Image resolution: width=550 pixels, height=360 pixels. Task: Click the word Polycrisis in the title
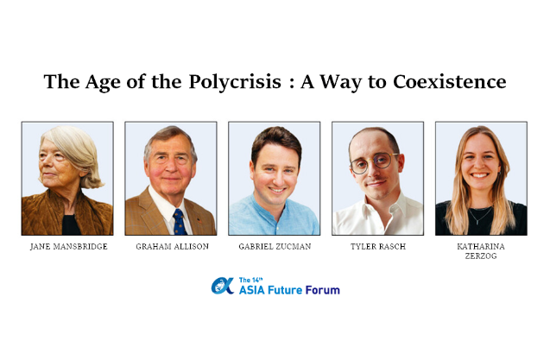(235, 82)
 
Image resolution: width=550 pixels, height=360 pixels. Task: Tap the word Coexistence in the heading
(449, 82)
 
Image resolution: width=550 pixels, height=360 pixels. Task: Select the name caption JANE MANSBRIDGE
(69, 247)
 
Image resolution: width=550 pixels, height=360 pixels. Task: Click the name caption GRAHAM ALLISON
(172, 247)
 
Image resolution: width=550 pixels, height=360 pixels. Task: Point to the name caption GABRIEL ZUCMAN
(275, 247)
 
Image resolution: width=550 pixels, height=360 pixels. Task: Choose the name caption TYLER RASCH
(378, 247)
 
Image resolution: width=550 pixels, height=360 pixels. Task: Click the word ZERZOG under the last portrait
(481, 256)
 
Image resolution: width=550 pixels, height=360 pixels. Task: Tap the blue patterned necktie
(180, 222)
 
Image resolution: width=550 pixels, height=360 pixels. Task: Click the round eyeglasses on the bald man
(374, 163)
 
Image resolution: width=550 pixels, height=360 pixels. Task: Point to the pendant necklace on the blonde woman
(481, 215)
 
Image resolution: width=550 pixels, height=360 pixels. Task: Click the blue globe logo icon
(223, 286)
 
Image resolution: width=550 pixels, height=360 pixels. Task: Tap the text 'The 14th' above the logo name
(250, 280)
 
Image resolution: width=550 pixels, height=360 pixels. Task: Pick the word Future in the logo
(285, 290)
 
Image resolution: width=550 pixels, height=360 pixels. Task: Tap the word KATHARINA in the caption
(481, 247)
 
